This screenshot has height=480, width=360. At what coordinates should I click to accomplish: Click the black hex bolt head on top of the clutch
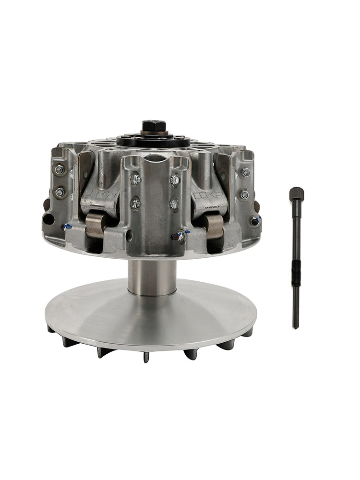tap(154, 126)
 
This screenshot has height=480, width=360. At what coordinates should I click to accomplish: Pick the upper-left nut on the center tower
tap(136, 180)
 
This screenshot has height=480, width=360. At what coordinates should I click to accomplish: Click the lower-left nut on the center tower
tap(135, 204)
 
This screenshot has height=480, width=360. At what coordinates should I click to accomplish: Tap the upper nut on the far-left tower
tap(60, 169)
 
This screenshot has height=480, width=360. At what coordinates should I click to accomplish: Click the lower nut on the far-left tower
tap(60, 192)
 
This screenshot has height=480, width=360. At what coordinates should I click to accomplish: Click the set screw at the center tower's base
tap(178, 236)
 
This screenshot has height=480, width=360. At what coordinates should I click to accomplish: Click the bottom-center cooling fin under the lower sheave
tap(145, 356)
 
